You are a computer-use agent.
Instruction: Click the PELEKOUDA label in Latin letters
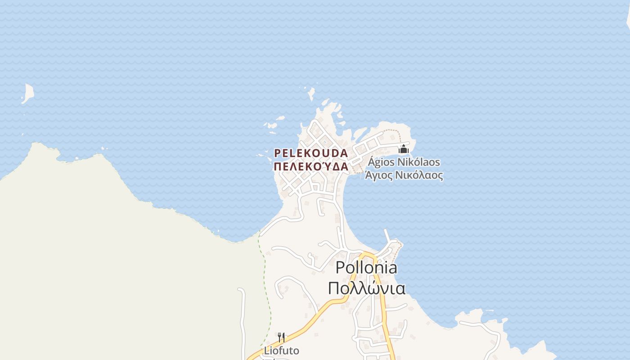311,153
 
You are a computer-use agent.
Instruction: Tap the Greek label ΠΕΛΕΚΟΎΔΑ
311,166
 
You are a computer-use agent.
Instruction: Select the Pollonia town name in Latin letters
366,268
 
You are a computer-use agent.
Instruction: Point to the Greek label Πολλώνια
366,288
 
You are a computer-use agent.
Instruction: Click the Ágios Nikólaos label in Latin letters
404,162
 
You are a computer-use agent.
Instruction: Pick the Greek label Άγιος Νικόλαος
404,175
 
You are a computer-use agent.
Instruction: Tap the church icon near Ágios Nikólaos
404,149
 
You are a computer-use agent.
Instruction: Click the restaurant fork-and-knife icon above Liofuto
281,337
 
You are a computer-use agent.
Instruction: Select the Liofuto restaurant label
281,350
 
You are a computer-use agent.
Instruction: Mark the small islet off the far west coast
28,93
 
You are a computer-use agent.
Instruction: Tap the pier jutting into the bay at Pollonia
387,236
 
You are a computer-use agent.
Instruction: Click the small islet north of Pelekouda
310,94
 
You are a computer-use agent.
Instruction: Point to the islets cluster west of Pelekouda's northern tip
273,126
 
